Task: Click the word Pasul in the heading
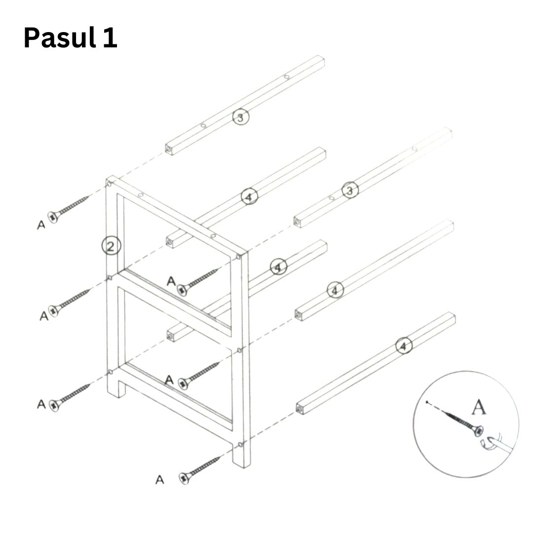pos(60,38)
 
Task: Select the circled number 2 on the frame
pos(111,246)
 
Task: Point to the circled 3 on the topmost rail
pos(241,117)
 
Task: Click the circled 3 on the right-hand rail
pos(350,190)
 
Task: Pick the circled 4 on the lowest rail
pos(404,345)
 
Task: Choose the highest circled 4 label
pos(250,196)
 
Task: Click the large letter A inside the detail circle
pos(479,407)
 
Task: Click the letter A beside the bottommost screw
pos(160,480)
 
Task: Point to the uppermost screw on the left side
pos(68,209)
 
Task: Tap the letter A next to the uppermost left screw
pos(41,225)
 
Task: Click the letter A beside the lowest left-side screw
pos(41,404)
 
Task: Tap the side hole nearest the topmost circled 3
pos(203,126)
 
